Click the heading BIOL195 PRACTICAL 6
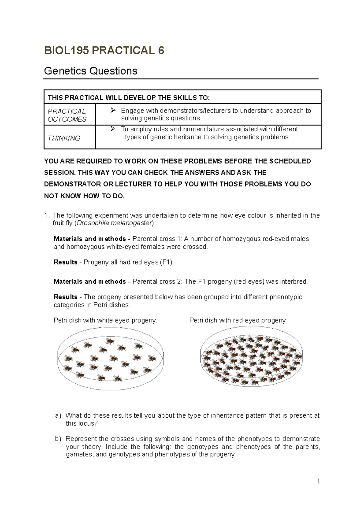104,50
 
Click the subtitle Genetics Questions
90,71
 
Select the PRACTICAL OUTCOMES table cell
67,115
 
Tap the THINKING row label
64,138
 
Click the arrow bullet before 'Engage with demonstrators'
113,110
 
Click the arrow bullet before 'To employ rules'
113,129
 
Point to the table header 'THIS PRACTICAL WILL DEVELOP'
129,98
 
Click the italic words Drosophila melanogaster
114,223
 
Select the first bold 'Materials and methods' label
89,239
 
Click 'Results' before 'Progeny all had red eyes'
66,262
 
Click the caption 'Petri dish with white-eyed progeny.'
105,320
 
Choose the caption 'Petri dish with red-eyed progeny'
237,320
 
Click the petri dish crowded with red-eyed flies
252,361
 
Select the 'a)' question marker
58,416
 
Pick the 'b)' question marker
58,439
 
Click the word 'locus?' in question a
88,423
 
